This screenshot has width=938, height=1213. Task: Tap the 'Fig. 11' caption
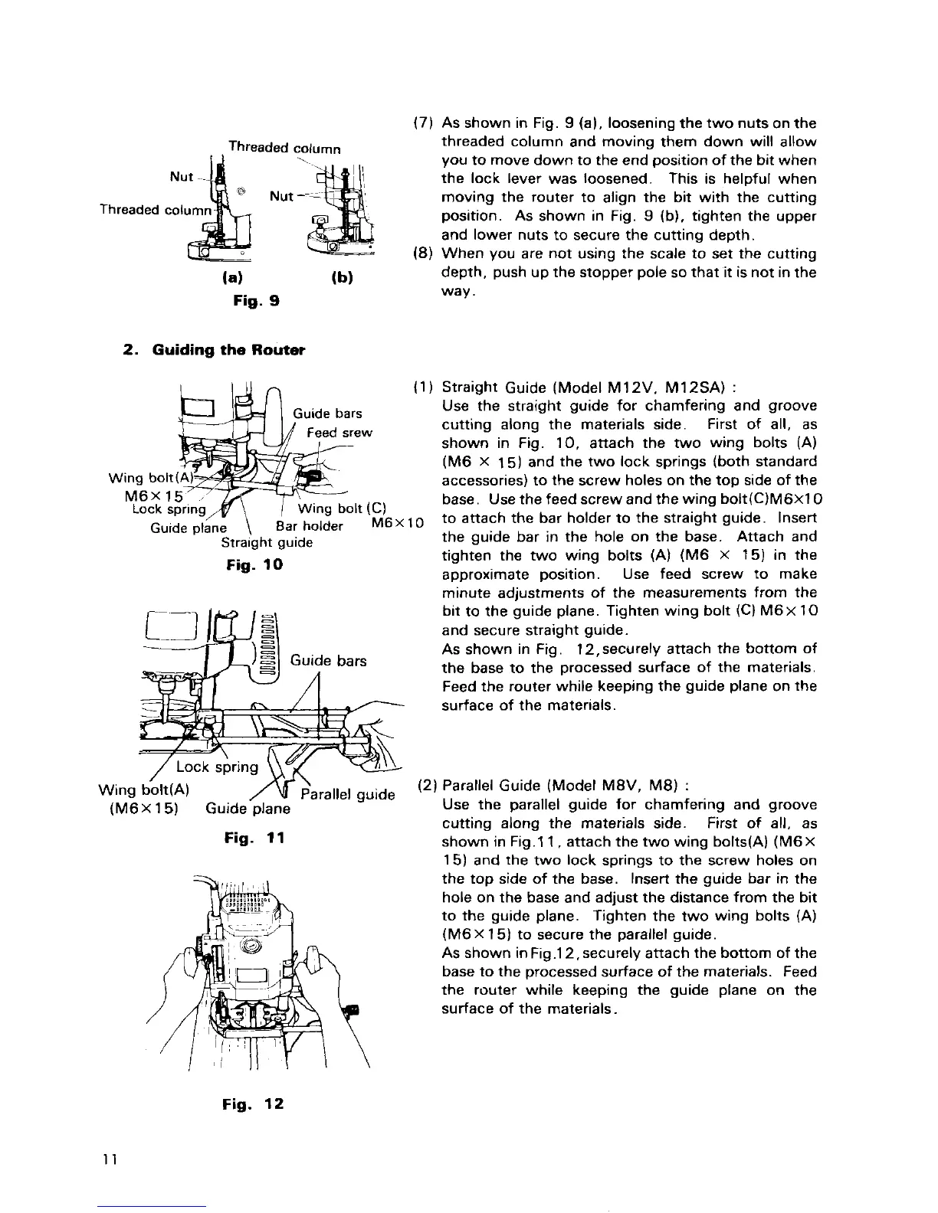(254, 839)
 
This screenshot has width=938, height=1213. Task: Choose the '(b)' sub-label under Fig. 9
(342, 276)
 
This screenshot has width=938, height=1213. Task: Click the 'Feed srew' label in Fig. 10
(339, 433)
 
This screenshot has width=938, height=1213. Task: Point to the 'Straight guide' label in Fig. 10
(267, 543)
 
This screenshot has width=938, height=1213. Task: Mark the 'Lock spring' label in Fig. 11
(218, 767)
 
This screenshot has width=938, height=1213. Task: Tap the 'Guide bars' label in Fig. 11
(328, 660)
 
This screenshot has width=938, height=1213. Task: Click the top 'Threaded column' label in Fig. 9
(284, 148)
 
